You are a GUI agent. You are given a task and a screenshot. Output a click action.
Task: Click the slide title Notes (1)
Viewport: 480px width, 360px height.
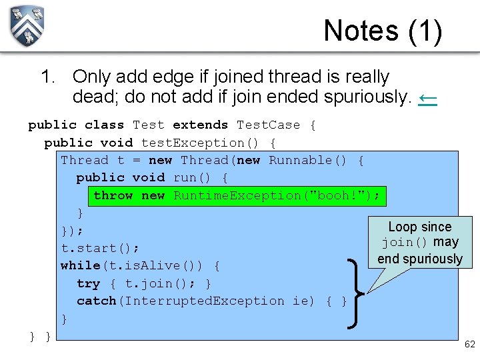382,31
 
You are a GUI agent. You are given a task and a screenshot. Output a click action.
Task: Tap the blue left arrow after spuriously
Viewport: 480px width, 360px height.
427,98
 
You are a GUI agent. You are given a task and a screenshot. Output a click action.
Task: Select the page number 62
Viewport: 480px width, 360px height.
469,344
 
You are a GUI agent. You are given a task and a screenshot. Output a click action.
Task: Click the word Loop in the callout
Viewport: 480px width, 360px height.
402,227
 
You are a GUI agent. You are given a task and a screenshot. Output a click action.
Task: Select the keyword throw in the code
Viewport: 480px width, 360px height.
113,195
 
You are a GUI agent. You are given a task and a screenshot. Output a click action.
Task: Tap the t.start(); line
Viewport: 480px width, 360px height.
100,248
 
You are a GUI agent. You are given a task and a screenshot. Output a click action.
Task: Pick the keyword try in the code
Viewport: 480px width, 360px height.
88,283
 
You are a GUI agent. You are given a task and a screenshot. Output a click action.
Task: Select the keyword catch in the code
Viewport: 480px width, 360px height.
96,301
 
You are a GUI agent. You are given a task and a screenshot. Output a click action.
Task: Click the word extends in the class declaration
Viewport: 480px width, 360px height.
200,125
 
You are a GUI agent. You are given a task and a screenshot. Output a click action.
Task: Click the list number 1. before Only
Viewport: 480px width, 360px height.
48,77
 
